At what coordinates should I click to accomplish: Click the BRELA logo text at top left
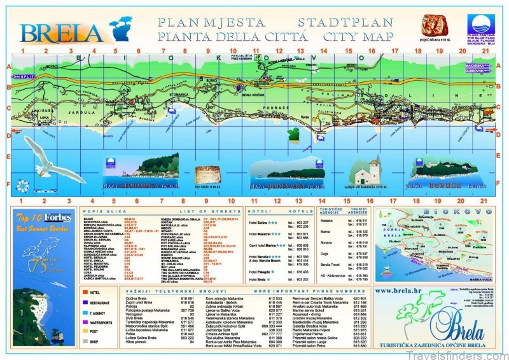click(60, 32)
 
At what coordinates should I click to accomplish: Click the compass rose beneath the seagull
click(22, 185)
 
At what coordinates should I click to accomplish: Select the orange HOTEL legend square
click(85, 293)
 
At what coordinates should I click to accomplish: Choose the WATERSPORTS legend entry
click(105, 322)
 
